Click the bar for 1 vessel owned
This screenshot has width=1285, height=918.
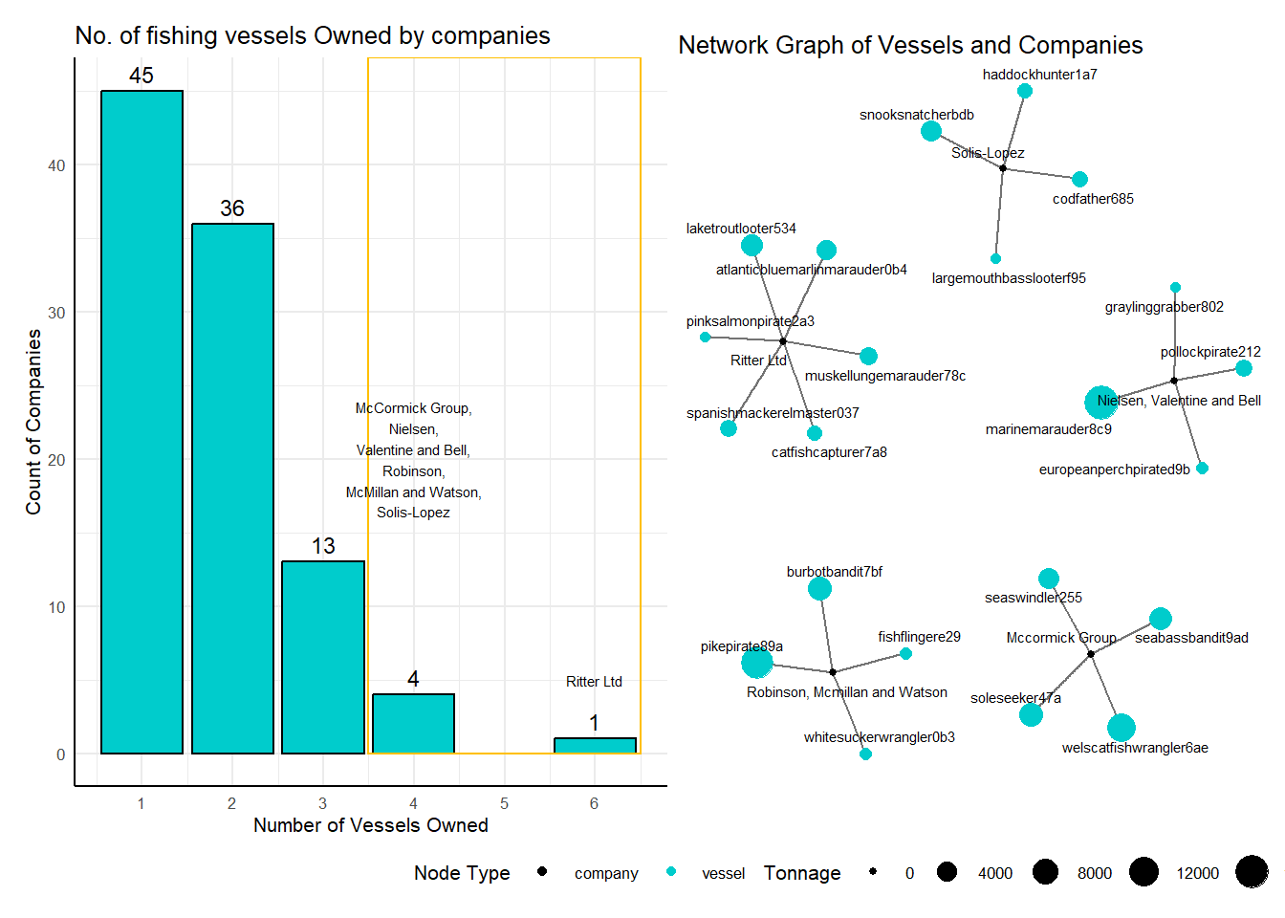click(x=142, y=422)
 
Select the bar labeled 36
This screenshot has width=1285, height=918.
click(x=232, y=489)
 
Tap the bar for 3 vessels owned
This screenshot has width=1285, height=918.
click(x=323, y=658)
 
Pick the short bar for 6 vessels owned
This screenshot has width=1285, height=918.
click(x=595, y=745)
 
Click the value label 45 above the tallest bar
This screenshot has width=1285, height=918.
click(x=142, y=76)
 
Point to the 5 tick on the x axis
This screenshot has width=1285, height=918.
click(x=504, y=803)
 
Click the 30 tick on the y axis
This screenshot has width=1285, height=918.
click(x=56, y=313)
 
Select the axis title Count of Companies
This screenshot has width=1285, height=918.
click(x=33, y=422)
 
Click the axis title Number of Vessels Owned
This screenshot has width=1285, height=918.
click(x=371, y=825)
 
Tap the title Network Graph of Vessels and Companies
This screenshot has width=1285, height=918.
click(x=910, y=45)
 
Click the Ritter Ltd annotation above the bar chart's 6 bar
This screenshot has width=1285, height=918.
click(x=594, y=682)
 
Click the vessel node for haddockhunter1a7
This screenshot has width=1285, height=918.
click(x=1025, y=91)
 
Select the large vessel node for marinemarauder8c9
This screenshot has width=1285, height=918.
click(x=1100, y=403)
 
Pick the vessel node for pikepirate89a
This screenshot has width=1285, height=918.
click(x=757, y=663)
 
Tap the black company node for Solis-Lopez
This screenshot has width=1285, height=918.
click(x=1003, y=168)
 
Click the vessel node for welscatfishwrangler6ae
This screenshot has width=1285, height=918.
click(x=1121, y=728)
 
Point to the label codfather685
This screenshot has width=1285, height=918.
click(x=1093, y=199)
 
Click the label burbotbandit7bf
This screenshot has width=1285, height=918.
click(x=834, y=572)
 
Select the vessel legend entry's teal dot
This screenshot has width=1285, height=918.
click(x=670, y=871)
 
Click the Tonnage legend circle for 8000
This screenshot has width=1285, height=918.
click(x=1045, y=872)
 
